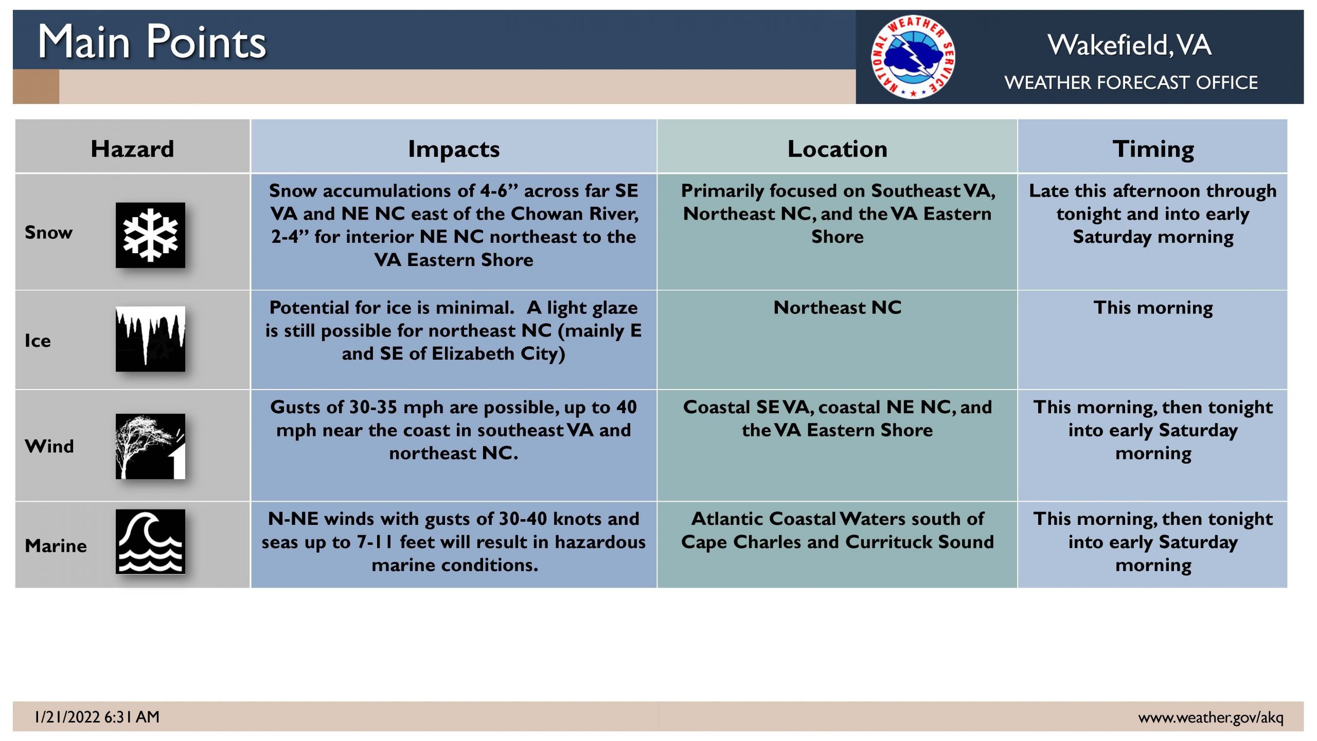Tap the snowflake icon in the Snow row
[x=150, y=235]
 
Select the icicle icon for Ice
[x=150, y=339]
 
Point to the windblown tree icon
[x=150, y=446]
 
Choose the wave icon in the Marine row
[x=150, y=541]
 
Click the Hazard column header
[x=132, y=149]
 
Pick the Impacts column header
[x=454, y=149]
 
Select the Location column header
[x=838, y=149]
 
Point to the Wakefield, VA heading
[x=1130, y=45]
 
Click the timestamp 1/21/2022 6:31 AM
[x=97, y=717]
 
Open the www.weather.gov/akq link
[x=1211, y=717]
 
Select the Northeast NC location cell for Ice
[x=838, y=307]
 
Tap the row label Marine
[x=56, y=545]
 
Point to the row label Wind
[x=49, y=446]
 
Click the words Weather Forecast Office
[x=1131, y=82]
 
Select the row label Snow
[x=49, y=233]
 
